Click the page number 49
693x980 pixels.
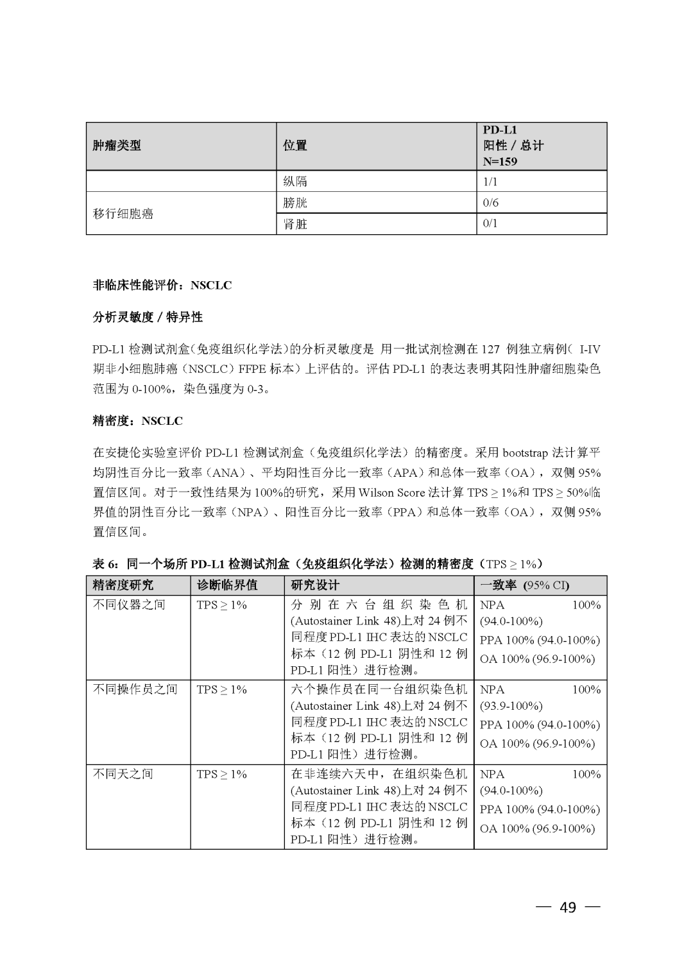coord(568,907)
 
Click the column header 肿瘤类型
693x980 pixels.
coord(117,146)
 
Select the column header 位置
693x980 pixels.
coord(295,146)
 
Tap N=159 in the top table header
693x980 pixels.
coord(500,161)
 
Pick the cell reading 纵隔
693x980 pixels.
coord(295,182)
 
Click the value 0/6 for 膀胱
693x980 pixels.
coord(490,203)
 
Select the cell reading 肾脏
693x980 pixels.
coord(295,224)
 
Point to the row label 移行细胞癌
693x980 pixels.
coord(123,214)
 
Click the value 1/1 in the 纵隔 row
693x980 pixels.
coord(490,182)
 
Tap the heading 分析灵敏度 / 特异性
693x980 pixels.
coord(148,317)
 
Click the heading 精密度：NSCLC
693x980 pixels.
coord(138,421)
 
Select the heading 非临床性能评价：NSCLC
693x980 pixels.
coord(162,285)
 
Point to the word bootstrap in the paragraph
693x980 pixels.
coord(526,453)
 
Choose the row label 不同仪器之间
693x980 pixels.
coord(129,605)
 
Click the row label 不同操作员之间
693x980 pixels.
coord(135,689)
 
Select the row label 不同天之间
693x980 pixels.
coord(123,774)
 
